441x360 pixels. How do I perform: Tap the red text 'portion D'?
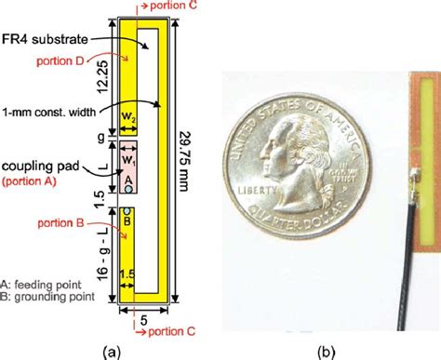[x=59, y=60]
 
